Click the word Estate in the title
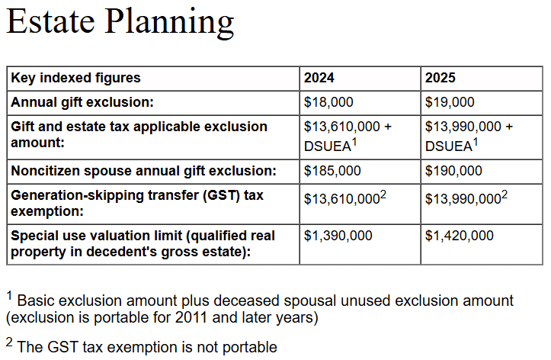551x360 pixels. [x=51, y=21]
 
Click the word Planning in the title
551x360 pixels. [x=169, y=23]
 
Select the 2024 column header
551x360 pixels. [x=319, y=78]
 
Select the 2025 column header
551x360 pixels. [x=440, y=78]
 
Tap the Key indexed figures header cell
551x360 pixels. [x=75, y=78]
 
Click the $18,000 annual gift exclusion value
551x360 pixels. [x=328, y=102]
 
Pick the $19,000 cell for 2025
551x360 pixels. [x=450, y=102]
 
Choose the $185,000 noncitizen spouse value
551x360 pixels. [x=332, y=171]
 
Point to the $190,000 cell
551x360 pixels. [x=453, y=171]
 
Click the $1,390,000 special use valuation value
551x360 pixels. [x=338, y=236]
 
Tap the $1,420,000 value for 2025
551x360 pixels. [x=460, y=236]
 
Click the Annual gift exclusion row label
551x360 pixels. [x=82, y=102]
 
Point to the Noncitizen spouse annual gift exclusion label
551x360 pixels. [x=143, y=171]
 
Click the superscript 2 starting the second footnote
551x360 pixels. [x=9, y=342]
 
